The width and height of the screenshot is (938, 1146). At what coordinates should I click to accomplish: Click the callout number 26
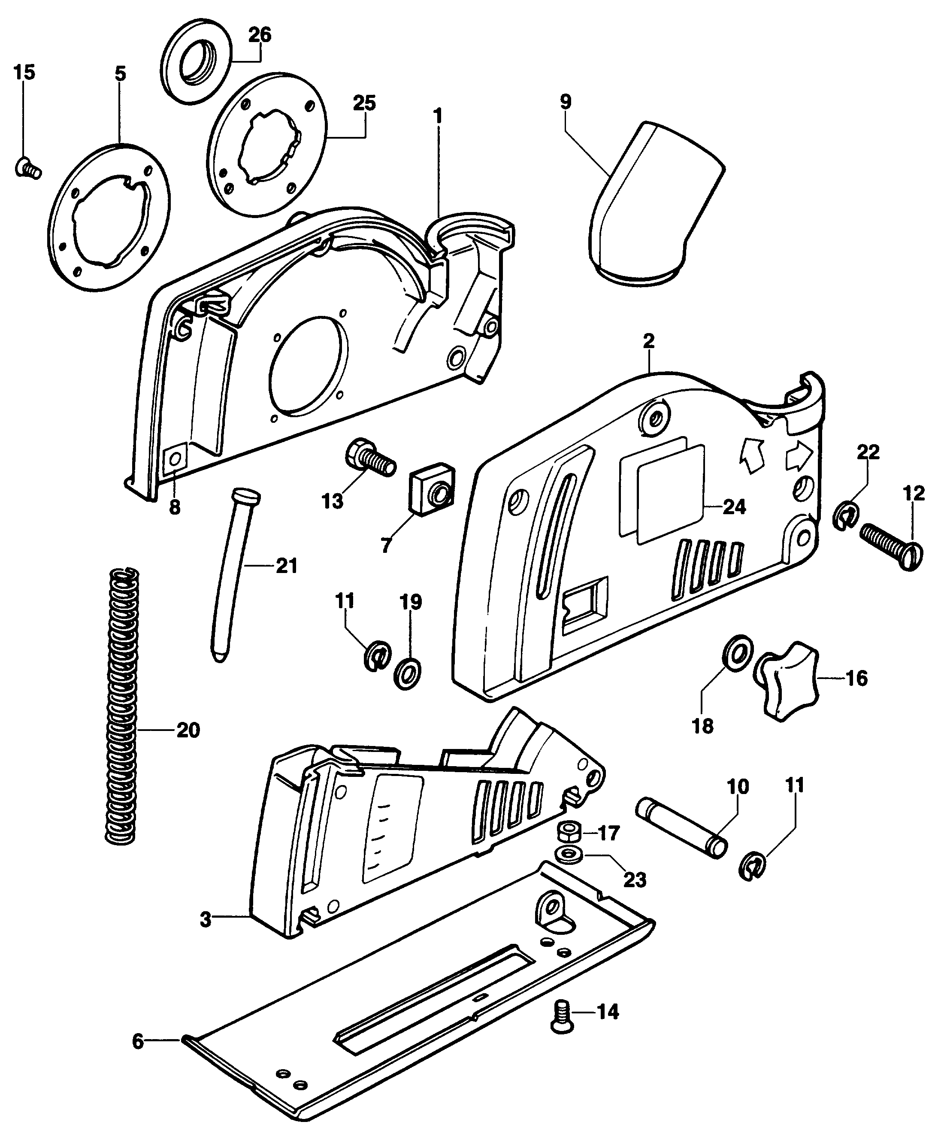(259, 35)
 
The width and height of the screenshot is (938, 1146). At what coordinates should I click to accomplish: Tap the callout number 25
(364, 103)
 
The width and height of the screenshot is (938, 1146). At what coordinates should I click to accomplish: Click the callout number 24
(734, 507)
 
